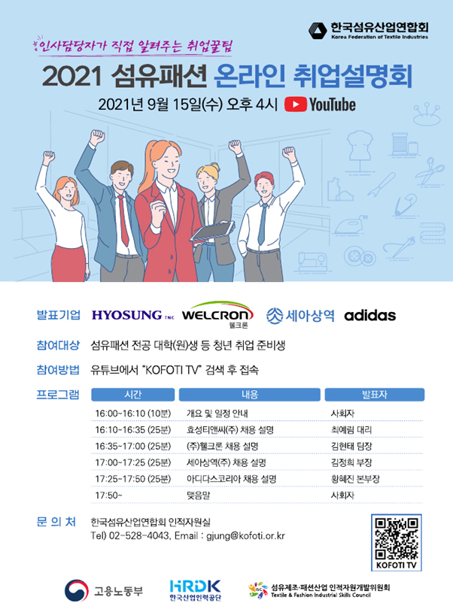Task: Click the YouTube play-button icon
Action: (x=295, y=105)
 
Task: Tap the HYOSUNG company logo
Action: (x=126, y=314)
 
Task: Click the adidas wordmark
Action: (x=369, y=315)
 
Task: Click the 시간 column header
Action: (x=131, y=395)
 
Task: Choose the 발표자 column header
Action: (x=374, y=395)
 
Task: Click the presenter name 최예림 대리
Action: (x=351, y=430)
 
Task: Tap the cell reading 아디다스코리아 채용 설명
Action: (x=231, y=479)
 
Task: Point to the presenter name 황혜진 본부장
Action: (x=355, y=479)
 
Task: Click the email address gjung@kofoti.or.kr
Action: (x=244, y=535)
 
